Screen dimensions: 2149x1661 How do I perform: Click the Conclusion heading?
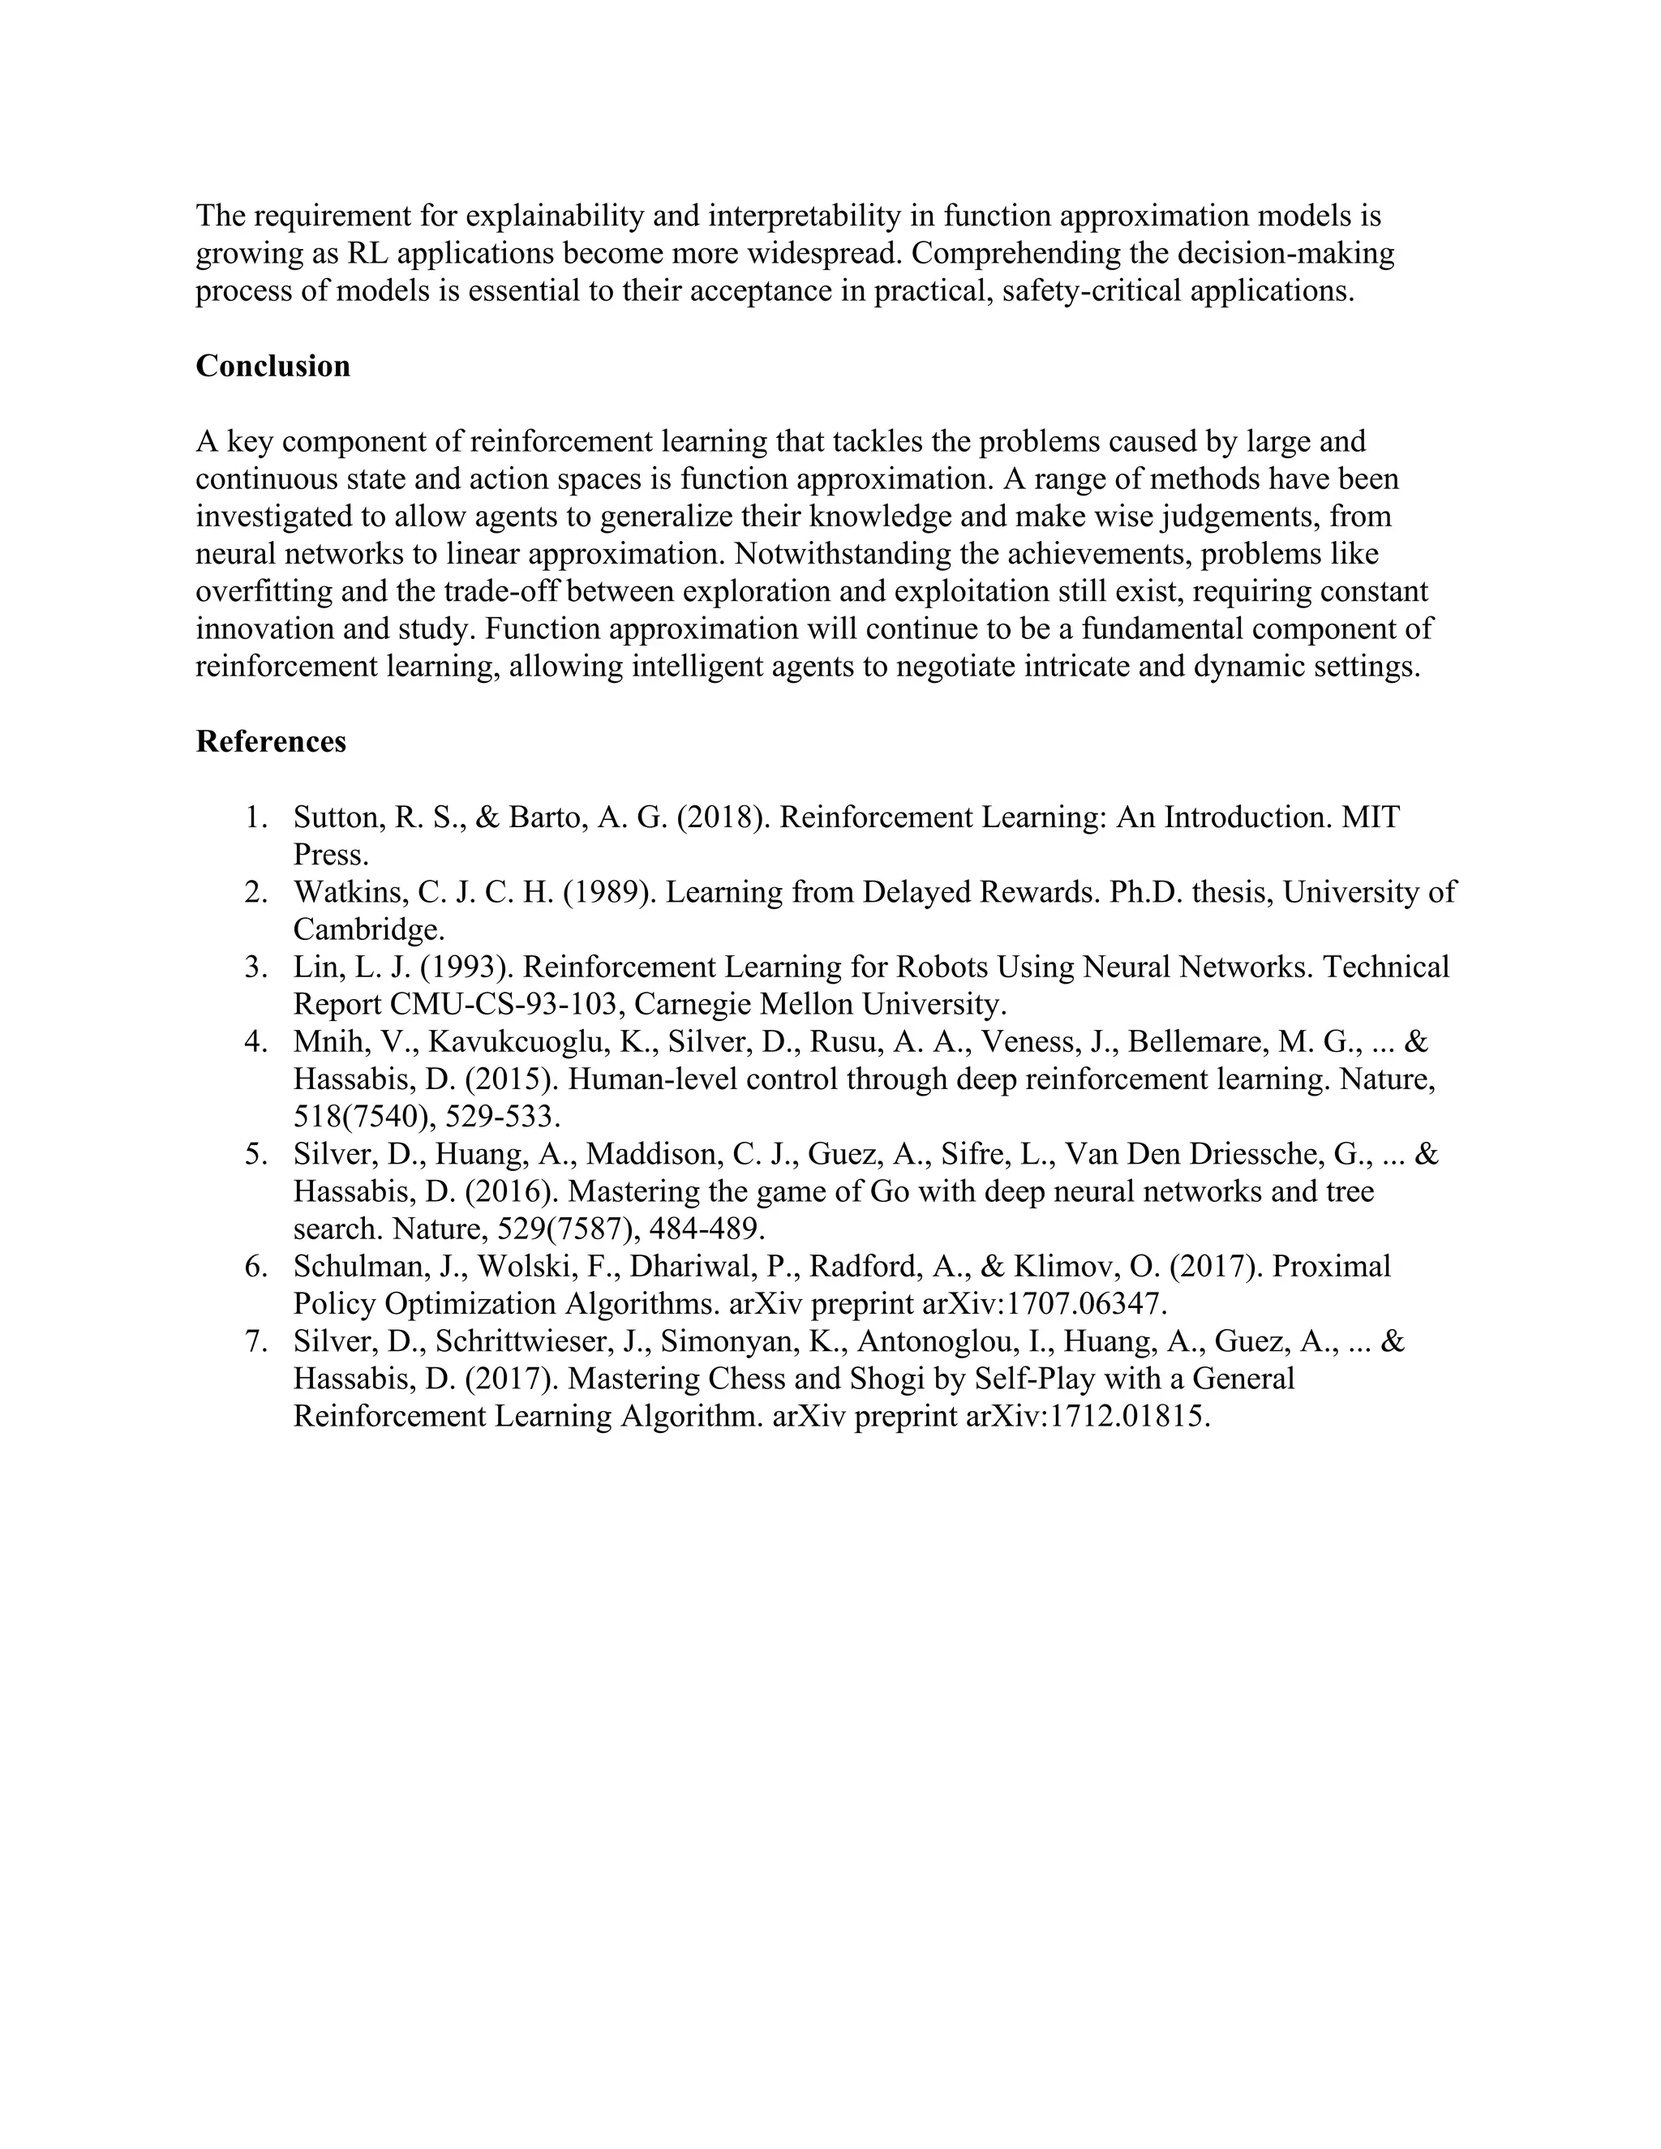pos(273,366)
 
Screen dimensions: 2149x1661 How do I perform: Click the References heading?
pos(271,742)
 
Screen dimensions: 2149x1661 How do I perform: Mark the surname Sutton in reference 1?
pos(336,817)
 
